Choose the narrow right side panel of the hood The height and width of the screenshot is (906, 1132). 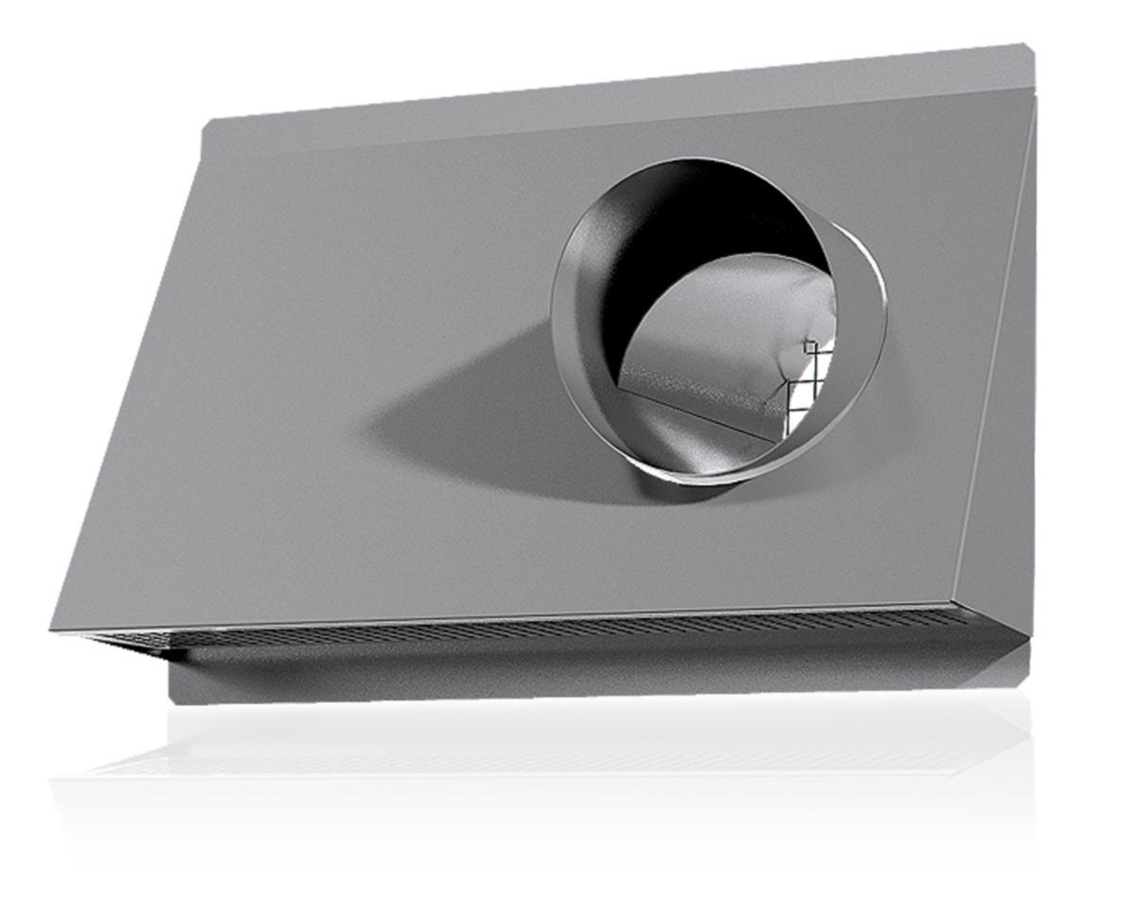click(995, 377)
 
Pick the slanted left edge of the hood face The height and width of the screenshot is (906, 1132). click(127, 377)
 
